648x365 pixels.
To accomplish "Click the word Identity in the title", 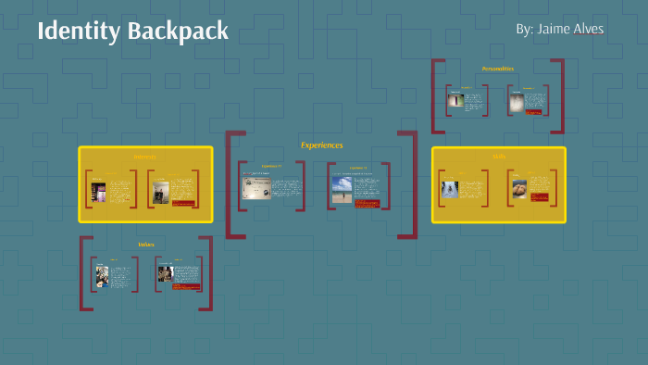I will [x=78, y=31].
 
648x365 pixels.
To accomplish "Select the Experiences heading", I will [x=321, y=145].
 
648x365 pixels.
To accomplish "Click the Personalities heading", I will [x=497, y=69].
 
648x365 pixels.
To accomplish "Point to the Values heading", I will [x=145, y=245].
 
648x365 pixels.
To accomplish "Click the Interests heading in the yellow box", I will [x=145, y=157].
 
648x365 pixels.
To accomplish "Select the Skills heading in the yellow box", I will [x=499, y=157].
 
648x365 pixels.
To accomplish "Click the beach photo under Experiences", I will [x=342, y=190].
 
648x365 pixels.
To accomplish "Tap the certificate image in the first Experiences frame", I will [x=255, y=188].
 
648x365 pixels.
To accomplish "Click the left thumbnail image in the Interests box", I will [x=98, y=193].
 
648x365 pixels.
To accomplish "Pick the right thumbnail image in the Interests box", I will [x=160, y=193].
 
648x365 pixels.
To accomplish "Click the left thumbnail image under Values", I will [x=102, y=276].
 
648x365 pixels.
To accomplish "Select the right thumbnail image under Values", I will [x=165, y=275].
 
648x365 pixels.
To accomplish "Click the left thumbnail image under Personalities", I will [x=455, y=100].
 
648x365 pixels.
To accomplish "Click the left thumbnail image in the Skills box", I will [x=450, y=188].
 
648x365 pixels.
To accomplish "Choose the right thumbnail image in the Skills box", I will [x=519, y=189].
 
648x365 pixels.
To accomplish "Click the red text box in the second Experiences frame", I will [x=367, y=203].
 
